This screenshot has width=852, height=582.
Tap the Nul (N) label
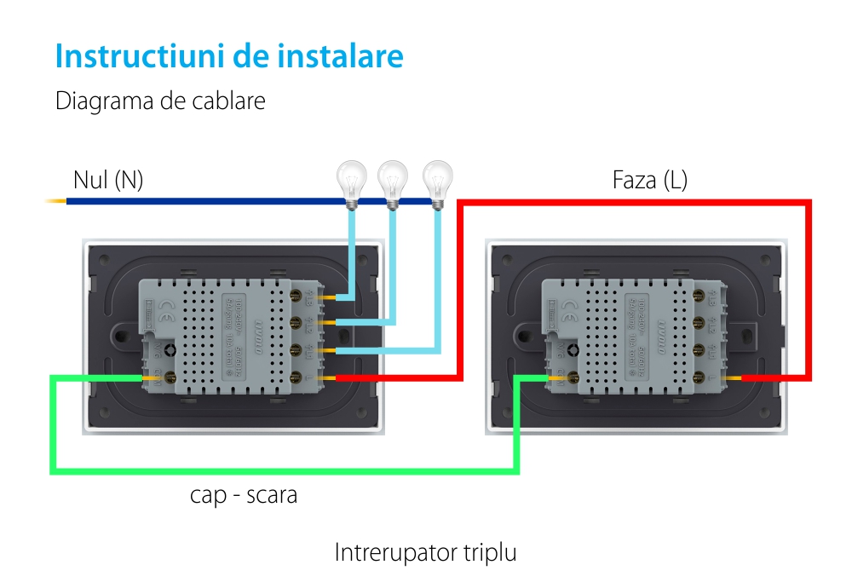tap(108, 180)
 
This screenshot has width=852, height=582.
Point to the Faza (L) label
tap(649, 180)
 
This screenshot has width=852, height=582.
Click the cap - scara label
tap(244, 495)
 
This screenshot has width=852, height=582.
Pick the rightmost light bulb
tap(438, 181)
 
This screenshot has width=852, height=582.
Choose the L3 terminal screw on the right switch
tap(703, 295)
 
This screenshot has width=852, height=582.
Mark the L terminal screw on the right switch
tap(703, 377)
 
